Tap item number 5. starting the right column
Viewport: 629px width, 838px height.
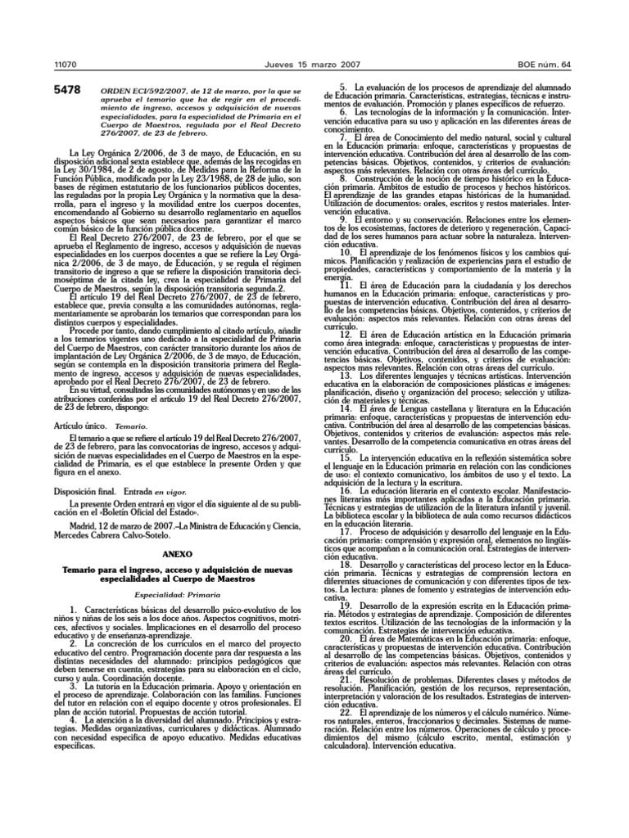point(345,86)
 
